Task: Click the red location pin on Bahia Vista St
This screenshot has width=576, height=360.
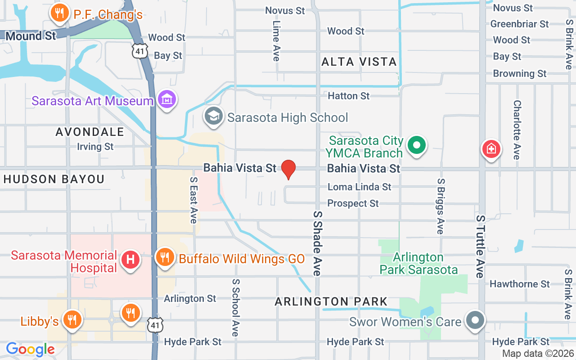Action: (x=288, y=169)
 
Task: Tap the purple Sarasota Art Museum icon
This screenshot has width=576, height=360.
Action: (x=167, y=99)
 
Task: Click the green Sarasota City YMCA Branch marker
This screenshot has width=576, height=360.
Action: (x=417, y=145)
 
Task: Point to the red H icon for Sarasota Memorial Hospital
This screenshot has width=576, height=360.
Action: (x=130, y=260)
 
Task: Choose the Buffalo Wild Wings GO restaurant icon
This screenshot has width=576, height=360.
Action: (x=165, y=257)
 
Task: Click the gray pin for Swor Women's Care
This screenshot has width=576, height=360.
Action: (x=475, y=320)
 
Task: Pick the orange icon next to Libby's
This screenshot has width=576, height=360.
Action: (x=71, y=319)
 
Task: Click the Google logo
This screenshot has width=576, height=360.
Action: (x=30, y=349)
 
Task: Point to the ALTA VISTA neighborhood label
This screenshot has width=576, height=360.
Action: (x=359, y=62)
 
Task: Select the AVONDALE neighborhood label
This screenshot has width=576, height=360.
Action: (x=90, y=132)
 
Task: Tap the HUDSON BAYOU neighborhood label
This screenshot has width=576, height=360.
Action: (x=54, y=179)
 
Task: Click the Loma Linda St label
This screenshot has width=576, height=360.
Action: (x=359, y=187)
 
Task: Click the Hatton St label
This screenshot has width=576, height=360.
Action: (x=349, y=96)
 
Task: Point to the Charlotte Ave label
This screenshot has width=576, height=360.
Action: (x=517, y=130)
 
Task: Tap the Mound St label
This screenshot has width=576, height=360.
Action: (x=31, y=36)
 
